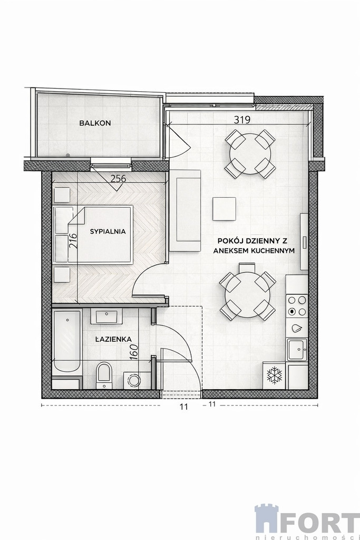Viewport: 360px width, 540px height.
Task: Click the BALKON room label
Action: (x=95, y=123)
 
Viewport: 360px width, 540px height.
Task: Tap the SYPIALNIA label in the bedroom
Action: (x=108, y=232)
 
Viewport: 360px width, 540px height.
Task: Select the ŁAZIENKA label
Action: (x=113, y=339)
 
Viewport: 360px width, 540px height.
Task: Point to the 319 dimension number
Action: (x=242, y=120)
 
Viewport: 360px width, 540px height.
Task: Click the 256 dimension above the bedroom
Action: (x=118, y=179)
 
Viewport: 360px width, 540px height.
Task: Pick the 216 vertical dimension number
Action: (x=73, y=240)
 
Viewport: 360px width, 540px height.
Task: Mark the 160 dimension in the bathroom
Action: (x=134, y=352)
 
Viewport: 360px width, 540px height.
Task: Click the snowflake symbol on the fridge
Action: (x=274, y=375)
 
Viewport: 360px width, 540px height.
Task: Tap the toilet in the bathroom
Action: (x=104, y=375)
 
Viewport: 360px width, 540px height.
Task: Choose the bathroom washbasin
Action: (x=106, y=316)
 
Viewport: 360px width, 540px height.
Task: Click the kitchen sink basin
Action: (x=297, y=350)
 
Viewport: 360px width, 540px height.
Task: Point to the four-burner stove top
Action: (x=297, y=306)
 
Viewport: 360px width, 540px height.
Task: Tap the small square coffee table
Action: (x=224, y=209)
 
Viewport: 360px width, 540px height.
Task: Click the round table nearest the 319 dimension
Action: (x=250, y=153)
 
